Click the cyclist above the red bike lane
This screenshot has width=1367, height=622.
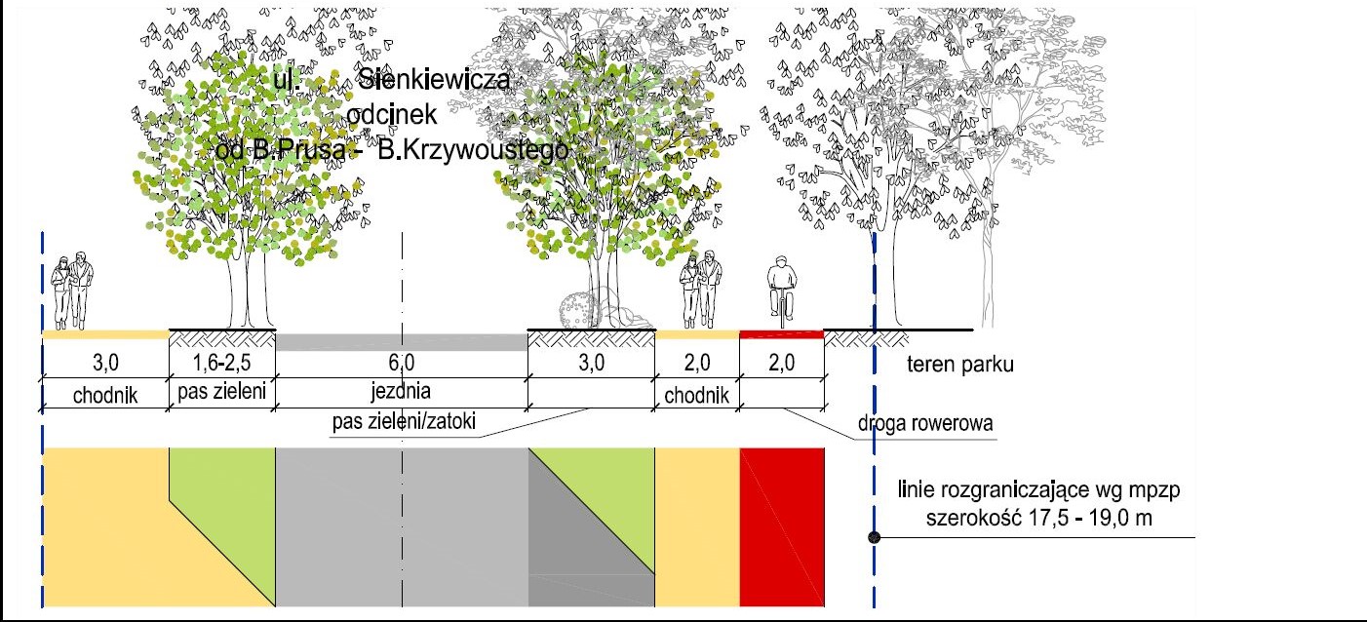780,291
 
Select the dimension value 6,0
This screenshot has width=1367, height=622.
402,364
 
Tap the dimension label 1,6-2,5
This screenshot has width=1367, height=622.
221,364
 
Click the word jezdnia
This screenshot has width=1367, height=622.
401,394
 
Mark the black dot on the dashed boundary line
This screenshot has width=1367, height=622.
875,537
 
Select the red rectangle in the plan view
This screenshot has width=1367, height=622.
782,526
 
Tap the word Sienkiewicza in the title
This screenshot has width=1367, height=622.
434,80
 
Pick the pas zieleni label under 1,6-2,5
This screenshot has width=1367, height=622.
221,394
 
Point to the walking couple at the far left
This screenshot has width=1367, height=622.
73,291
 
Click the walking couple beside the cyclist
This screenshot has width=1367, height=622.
702,291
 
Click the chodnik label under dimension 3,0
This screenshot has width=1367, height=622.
104,395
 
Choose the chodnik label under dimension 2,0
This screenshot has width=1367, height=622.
697,395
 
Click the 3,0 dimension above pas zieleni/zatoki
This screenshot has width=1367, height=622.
591,364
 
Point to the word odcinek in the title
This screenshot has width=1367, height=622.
389,114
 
